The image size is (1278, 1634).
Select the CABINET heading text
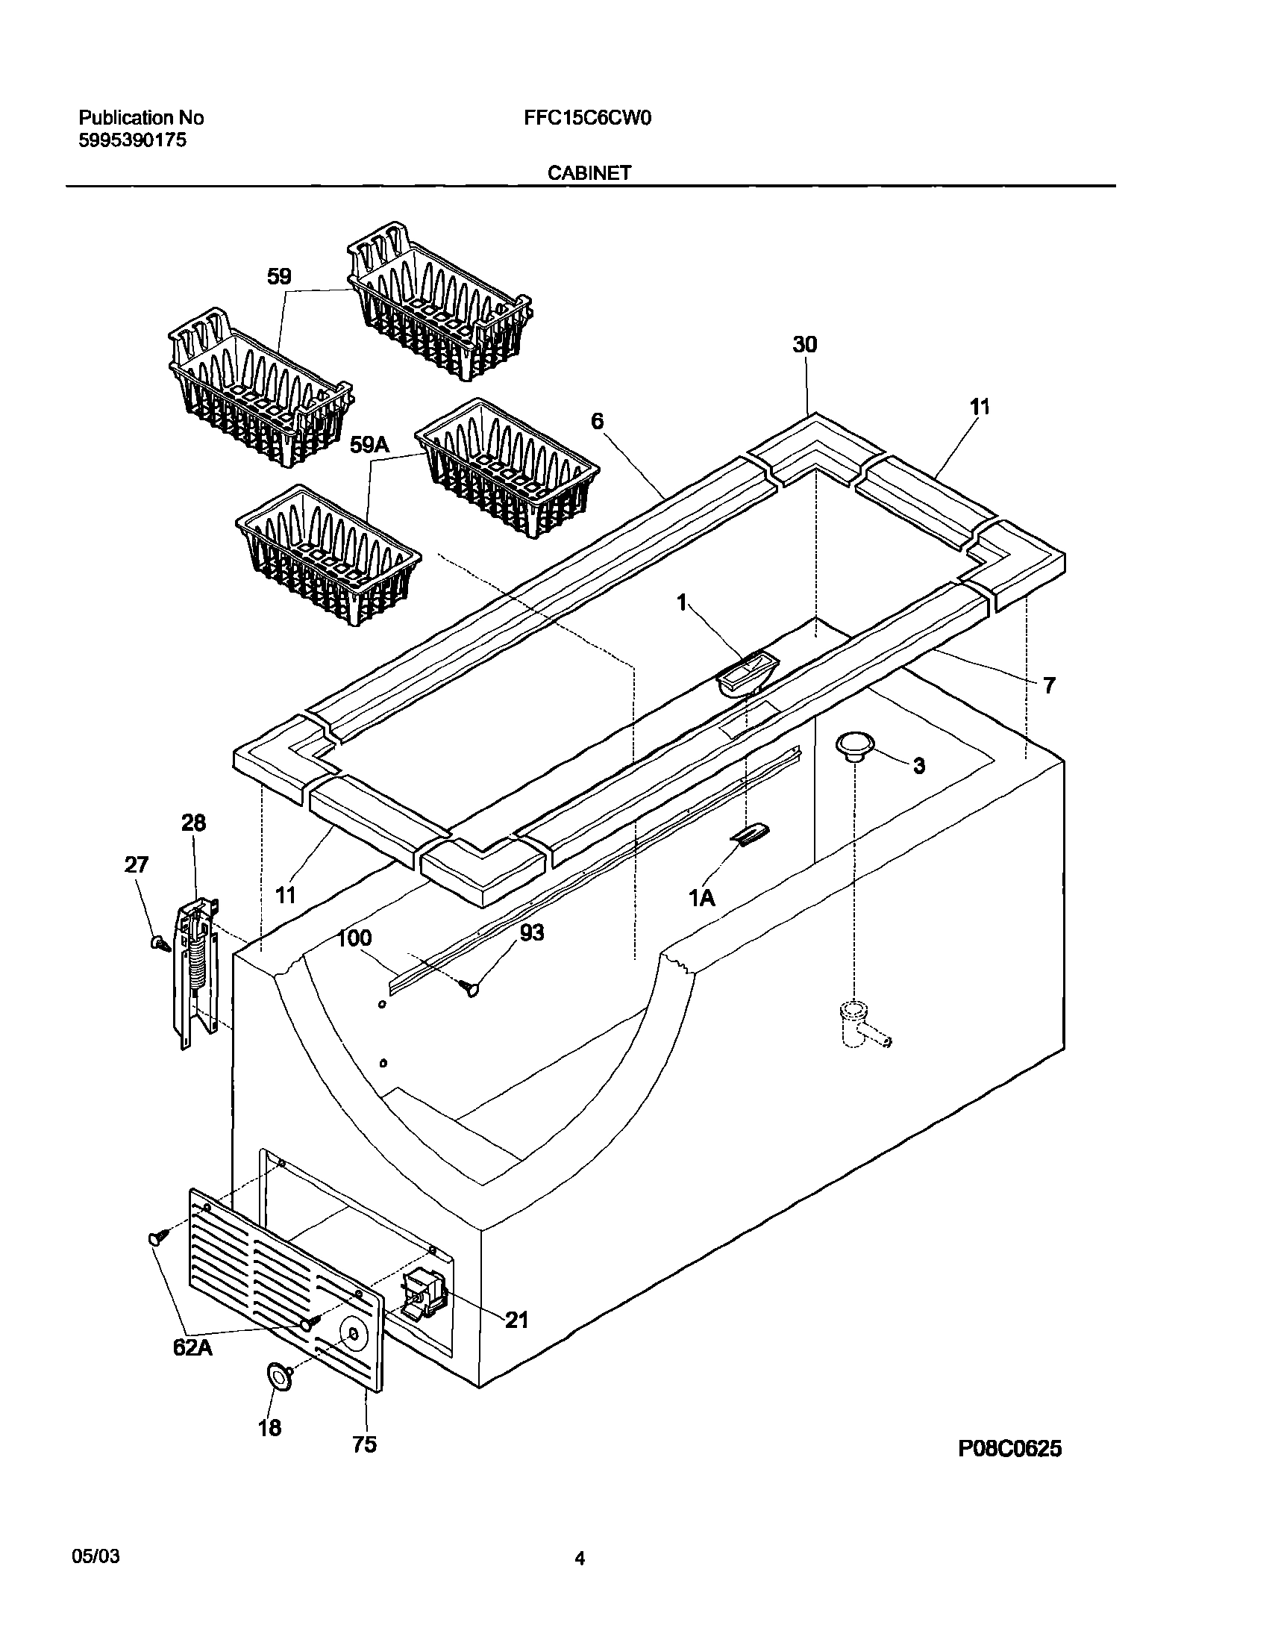point(589,174)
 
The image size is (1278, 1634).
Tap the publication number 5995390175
point(133,140)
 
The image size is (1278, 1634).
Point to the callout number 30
point(805,345)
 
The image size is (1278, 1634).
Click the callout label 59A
point(369,446)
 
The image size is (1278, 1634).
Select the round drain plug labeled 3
point(854,746)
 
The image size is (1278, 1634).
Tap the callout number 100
point(354,938)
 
